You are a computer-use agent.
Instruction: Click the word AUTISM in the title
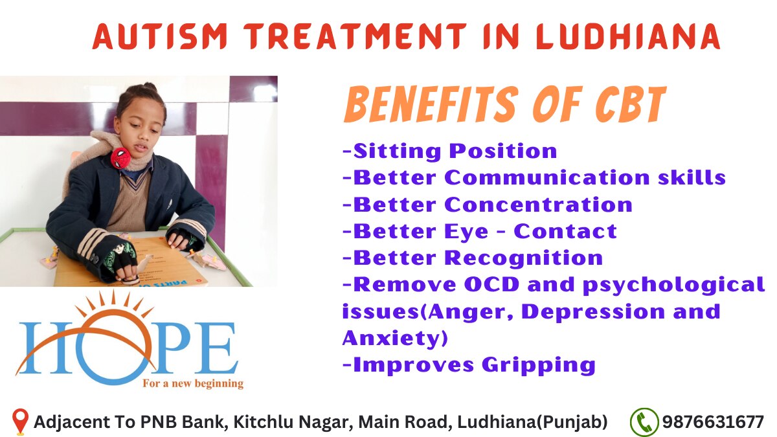point(160,36)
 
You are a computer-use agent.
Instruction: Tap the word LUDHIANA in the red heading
point(628,36)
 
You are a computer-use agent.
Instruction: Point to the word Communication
point(547,177)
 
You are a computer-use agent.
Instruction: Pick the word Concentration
point(538,205)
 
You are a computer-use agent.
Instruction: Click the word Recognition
point(523,258)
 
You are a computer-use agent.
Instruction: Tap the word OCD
point(492,284)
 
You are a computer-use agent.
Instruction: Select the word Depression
point(593,311)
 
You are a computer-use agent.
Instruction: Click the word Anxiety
point(395,338)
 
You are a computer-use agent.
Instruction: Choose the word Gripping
point(539,366)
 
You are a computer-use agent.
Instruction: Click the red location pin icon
point(20,421)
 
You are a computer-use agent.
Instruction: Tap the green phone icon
point(644,422)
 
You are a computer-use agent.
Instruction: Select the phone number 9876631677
point(713,422)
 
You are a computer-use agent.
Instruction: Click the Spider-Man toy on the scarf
point(120,158)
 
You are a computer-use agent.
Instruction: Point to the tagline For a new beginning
point(193,384)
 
